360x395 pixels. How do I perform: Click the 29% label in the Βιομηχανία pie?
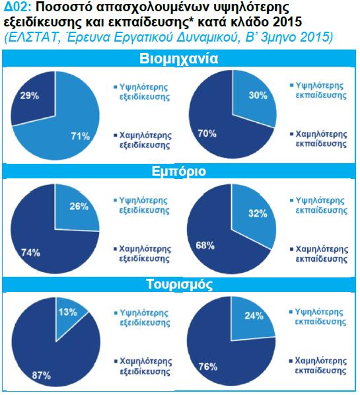(x=30, y=96)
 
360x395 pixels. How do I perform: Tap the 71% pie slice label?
(x=80, y=136)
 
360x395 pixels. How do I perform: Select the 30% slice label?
(x=258, y=95)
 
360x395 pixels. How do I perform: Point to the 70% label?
(x=207, y=133)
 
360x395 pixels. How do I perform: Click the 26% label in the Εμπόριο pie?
(x=79, y=207)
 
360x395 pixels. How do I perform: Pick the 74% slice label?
(x=30, y=253)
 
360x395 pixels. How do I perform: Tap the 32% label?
(x=258, y=213)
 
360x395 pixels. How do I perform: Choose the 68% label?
(x=205, y=245)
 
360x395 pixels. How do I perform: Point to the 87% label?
(x=42, y=376)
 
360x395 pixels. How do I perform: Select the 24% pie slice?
(x=252, y=320)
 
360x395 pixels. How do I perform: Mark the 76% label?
(x=208, y=367)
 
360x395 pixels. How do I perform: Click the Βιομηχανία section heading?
(x=178, y=59)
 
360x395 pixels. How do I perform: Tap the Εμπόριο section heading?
(x=178, y=171)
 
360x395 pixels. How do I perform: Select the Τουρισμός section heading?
(x=180, y=285)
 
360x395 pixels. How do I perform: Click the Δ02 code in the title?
(x=17, y=7)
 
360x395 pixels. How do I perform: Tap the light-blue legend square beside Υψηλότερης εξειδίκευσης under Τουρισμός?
(x=116, y=313)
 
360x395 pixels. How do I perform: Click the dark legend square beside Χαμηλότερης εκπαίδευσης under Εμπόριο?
(x=292, y=250)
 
